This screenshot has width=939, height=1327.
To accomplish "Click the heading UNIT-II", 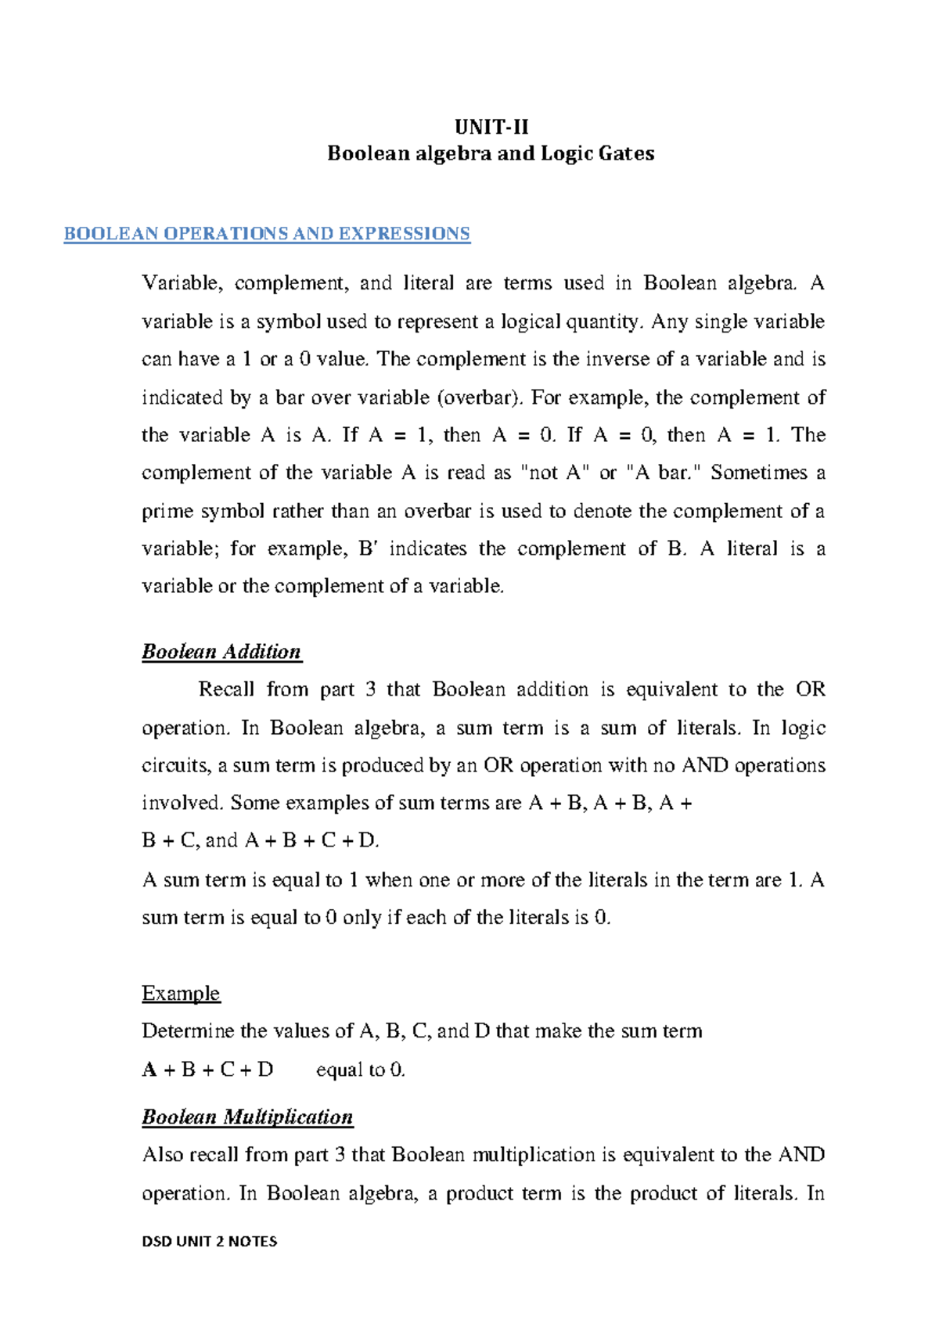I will [x=491, y=127].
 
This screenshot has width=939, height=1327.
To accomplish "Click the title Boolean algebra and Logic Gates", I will [x=491, y=153].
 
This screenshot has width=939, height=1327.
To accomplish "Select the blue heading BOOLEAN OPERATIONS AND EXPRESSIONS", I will [x=267, y=234].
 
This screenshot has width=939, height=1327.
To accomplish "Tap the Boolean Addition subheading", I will [x=221, y=652].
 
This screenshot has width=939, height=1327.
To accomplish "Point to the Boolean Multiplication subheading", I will [x=247, y=1117].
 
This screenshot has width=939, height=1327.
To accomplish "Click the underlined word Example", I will [x=181, y=994].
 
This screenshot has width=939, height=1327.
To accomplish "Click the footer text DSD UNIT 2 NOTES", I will [x=210, y=1241].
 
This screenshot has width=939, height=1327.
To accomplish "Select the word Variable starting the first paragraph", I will [x=182, y=283].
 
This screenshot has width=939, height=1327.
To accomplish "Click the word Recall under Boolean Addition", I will [x=226, y=689].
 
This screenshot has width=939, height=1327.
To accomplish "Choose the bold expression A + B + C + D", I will [x=208, y=1070].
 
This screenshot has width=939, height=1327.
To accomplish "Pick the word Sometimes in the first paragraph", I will [x=757, y=473].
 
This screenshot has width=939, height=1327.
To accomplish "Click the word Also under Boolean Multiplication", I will [x=163, y=1155].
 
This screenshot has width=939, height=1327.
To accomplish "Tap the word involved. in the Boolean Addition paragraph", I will [x=182, y=803].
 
